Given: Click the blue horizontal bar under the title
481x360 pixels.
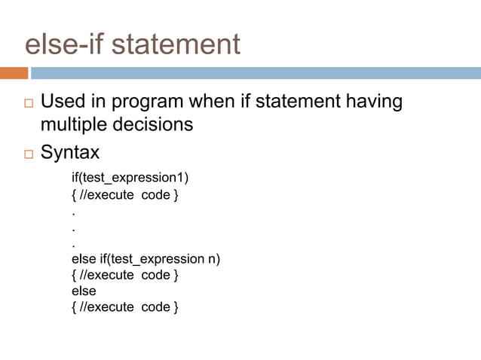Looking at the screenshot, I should click(x=256, y=73).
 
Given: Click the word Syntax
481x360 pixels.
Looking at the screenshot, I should click(x=69, y=153).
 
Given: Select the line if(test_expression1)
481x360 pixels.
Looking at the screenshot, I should click(x=130, y=178).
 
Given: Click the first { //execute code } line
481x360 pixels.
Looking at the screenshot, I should click(x=124, y=196).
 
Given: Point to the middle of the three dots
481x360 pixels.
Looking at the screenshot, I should click(x=73, y=228).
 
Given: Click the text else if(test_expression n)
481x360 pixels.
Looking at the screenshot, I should click(x=146, y=260).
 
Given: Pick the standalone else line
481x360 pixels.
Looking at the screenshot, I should click(x=84, y=291).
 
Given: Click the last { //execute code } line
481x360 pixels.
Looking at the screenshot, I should click(x=124, y=307).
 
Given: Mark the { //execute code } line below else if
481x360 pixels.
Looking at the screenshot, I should click(x=124, y=276).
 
